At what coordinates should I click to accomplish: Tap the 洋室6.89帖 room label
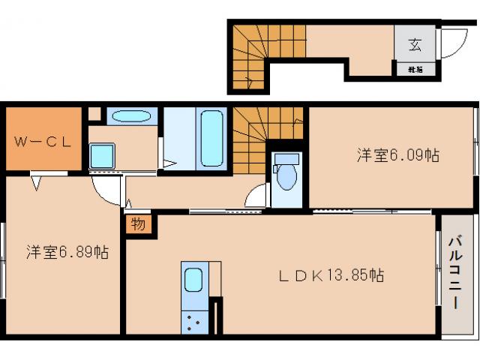[x=68, y=252]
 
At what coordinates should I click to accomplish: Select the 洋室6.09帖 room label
[x=397, y=155]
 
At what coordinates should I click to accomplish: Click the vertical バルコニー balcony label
[x=455, y=273]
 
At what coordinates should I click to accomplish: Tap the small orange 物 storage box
[x=139, y=223]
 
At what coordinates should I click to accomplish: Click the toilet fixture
[x=285, y=175]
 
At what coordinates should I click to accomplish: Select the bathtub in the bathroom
[x=212, y=138]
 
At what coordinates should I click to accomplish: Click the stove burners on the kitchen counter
[x=193, y=322]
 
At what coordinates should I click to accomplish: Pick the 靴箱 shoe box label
[x=415, y=70]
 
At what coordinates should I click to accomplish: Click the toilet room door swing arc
[x=256, y=196]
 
